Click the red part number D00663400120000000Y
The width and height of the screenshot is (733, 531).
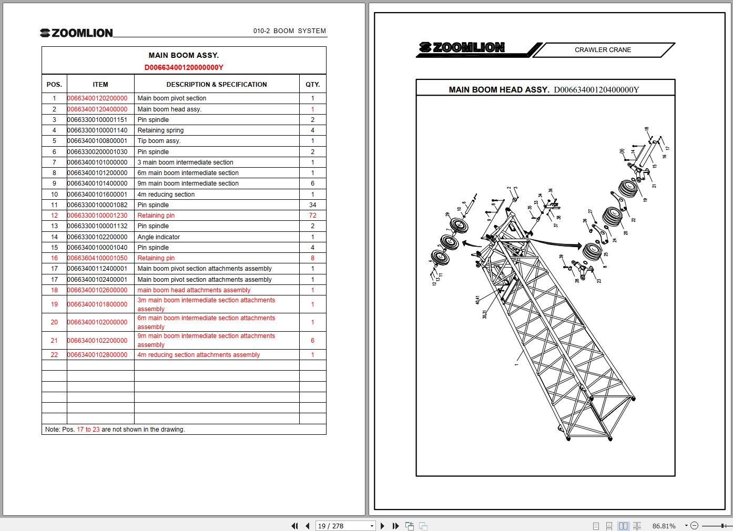point(184,67)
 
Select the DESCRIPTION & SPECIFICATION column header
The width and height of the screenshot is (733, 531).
point(216,84)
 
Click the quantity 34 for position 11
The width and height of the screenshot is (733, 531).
point(312,205)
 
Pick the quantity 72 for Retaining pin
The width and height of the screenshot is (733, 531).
point(312,216)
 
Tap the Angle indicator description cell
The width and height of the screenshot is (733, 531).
point(158,237)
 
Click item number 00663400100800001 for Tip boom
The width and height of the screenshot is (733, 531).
point(97,141)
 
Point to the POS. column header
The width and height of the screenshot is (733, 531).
point(54,84)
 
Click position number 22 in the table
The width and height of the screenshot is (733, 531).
point(54,355)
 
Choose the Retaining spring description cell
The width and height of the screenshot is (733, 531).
point(160,130)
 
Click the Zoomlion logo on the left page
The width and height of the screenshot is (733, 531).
point(77,33)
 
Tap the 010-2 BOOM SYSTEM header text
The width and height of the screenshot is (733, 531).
point(289,31)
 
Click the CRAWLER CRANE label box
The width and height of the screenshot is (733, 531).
point(603,50)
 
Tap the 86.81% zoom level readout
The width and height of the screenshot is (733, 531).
point(664,526)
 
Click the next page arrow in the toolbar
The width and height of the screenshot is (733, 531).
point(382,526)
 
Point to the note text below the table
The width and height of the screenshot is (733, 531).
point(115,430)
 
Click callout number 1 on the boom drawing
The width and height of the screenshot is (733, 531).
point(516,364)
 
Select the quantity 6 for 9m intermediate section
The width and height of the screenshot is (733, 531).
point(312,183)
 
